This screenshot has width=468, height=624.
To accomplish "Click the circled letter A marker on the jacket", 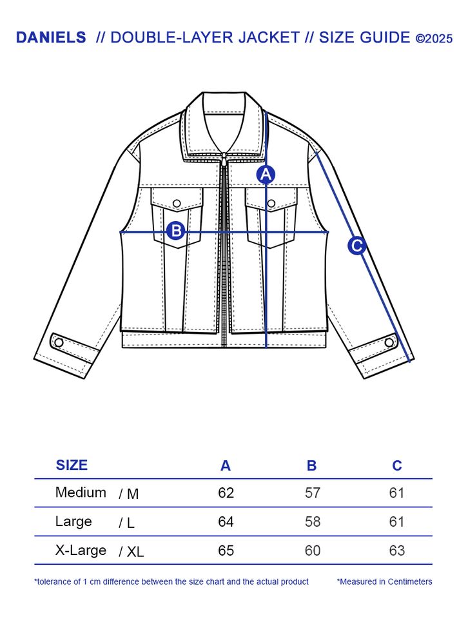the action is pyautogui.click(x=266, y=174).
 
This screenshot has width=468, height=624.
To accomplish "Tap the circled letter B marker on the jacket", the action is pyautogui.click(x=176, y=231).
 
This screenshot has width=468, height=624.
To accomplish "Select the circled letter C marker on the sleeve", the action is pyautogui.click(x=356, y=246).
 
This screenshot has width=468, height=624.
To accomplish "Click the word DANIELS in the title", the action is pyautogui.click(x=51, y=37).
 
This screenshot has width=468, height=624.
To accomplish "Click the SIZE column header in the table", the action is pyautogui.click(x=72, y=465).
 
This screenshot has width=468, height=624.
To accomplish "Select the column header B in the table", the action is pyautogui.click(x=312, y=465).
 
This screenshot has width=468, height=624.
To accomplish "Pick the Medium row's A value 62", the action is pyautogui.click(x=226, y=493).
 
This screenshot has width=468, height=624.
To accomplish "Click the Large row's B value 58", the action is pyautogui.click(x=313, y=522).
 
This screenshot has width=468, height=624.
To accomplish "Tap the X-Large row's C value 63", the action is pyautogui.click(x=397, y=551).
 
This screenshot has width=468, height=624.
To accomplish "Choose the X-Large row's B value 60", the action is pyautogui.click(x=313, y=551).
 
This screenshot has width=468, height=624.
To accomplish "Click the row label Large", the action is pyautogui.click(x=73, y=522).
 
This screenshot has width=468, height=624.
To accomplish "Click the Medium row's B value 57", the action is pyautogui.click(x=313, y=493).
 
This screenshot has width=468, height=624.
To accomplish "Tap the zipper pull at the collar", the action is pyautogui.click(x=224, y=157).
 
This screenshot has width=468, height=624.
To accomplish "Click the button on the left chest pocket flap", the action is pyautogui.click(x=177, y=204).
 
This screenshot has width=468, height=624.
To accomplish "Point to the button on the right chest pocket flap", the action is pyautogui.click(x=271, y=204).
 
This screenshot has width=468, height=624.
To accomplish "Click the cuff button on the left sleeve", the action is pyautogui.click(x=58, y=342).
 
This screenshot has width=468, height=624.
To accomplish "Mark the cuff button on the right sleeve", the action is pyautogui.click(x=389, y=342).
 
